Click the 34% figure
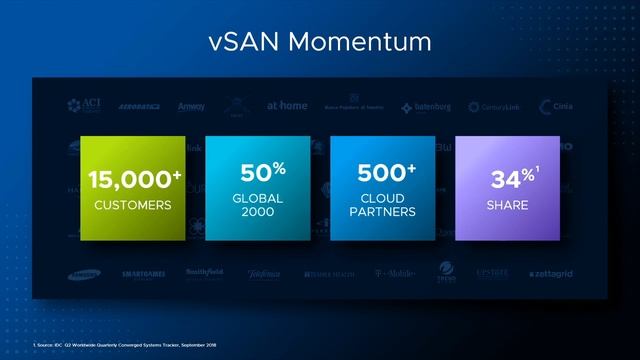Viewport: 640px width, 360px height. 508,179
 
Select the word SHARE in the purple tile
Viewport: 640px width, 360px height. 508,205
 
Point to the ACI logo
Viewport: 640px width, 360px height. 84,106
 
